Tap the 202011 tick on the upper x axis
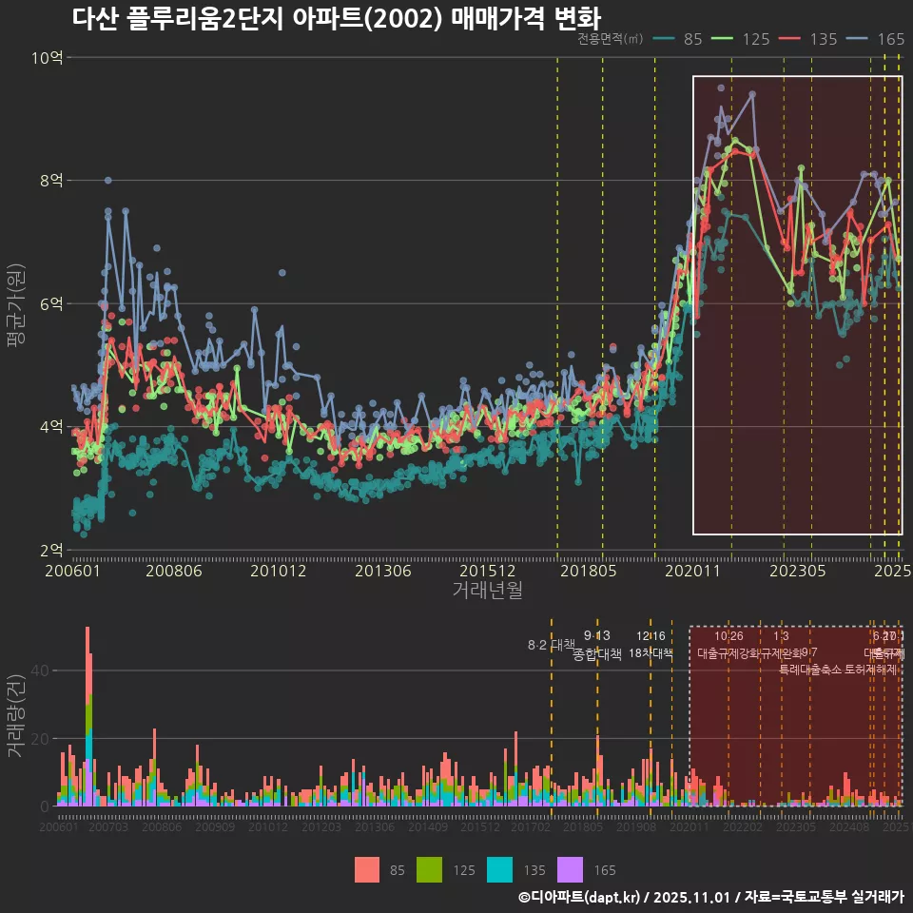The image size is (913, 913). click(692, 571)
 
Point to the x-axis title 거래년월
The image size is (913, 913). click(487, 591)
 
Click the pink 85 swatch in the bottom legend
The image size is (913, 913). click(367, 869)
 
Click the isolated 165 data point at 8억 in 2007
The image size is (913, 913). click(108, 180)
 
